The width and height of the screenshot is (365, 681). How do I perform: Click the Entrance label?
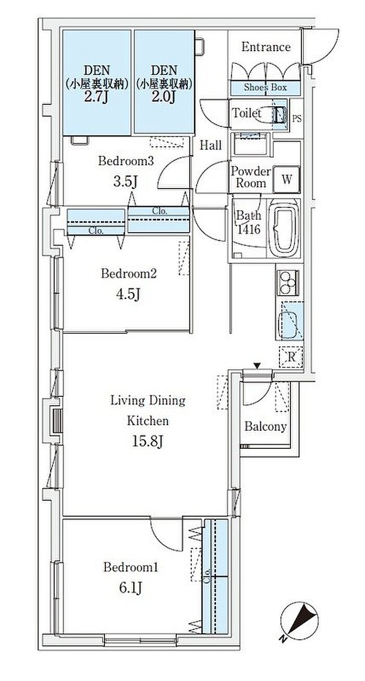pyautogui.click(x=266, y=47)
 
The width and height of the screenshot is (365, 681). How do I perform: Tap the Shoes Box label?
pyautogui.click(x=265, y=87)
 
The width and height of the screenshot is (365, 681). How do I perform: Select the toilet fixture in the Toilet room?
pyautogui.click(x=271, y=115)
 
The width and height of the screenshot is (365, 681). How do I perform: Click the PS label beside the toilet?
pyautogui.click(x=297, y=118)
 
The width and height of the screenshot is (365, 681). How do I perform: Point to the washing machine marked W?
pyautogui.click(x=286, y=180)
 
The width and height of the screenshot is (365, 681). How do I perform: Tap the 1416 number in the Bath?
pyautogui.click(x=248, y=230)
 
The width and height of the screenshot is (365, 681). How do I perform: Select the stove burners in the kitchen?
pyautogui.click(x=288, y=282)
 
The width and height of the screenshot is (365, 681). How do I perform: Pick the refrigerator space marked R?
pyautogui.click(x=291, y=358)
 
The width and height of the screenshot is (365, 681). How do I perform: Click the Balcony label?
pyautogui.click(x=265, y=427)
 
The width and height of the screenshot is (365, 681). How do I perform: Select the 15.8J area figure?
pyautogui.click(x=148, y=442)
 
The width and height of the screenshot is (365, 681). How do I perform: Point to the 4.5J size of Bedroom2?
pyautogui.click(x=128, y=294)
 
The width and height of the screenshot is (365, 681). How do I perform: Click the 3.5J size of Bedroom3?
pyautogui.click(x=126, y=182)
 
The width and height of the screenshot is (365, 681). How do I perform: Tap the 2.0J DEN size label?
pyautogui.click(x=164, y=97)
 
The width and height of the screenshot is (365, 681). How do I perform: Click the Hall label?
pyautogui.click(x=211, y=146)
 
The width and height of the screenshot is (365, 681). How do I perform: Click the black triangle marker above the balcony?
pyautogui.click(x=258, y=366)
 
